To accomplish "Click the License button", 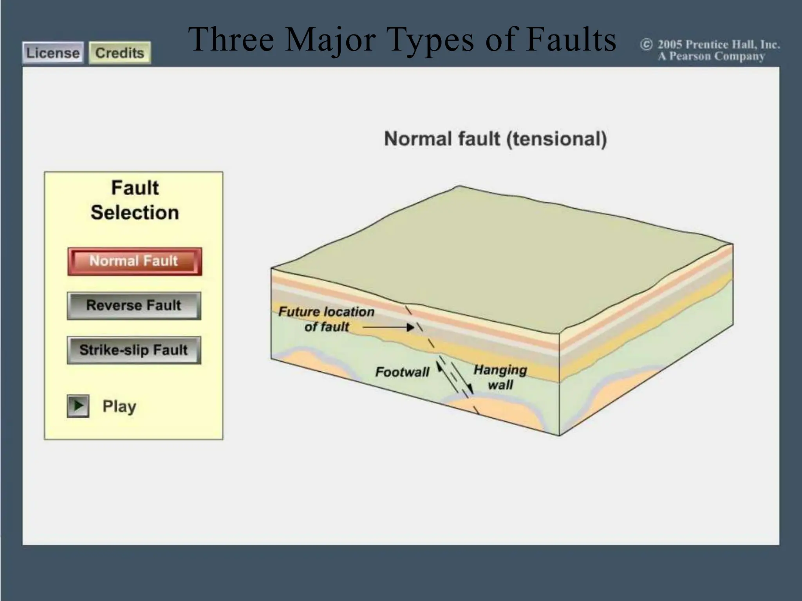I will click(x=52, y=53).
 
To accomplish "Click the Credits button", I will click(x=120, y=53).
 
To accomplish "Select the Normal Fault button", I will click(x=134, y=261).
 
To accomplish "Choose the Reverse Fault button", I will click(x=134, y=305).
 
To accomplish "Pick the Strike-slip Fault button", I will click(x=134, y=350).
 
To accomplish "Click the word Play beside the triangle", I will click(x=119, y=406).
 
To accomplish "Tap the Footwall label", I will click(x=402, y=372).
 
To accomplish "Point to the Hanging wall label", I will click(x=500, y=377).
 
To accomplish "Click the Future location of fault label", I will click(x=326, y=319).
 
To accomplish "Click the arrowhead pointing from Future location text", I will click(x=410, y=327).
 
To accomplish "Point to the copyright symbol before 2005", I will click(x=646, y=45).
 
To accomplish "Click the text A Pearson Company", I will click(x=711, y=56).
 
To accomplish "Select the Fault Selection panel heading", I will click(x=135, y=200).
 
